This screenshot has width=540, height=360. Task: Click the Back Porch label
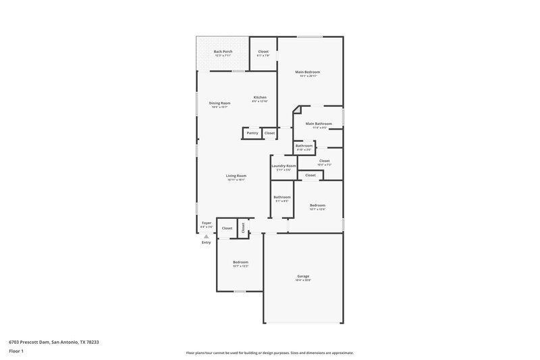coord(222,51)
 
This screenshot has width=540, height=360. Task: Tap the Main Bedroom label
coord(307,72)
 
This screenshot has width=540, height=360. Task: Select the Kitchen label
coord(260,97)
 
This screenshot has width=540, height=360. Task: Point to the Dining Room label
coord(220,103)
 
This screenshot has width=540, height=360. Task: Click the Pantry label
coord(252,133)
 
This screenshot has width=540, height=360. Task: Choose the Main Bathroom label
coord(319,124)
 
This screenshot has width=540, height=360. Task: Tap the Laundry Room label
coord(283,165)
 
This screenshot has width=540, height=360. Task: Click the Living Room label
coord(236,176)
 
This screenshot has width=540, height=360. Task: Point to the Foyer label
coord(207,224)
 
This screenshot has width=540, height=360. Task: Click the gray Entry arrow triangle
coord(206,236)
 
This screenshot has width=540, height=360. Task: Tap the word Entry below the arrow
coord(206,242)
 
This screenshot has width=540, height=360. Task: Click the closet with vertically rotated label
coord(243,228)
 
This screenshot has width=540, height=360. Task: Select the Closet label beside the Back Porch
coord(263,51)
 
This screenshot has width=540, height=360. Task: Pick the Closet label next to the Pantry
coord(269,133)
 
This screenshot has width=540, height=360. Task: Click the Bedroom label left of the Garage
coord(240,262)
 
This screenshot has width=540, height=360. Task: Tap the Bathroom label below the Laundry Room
coord(281,197)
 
